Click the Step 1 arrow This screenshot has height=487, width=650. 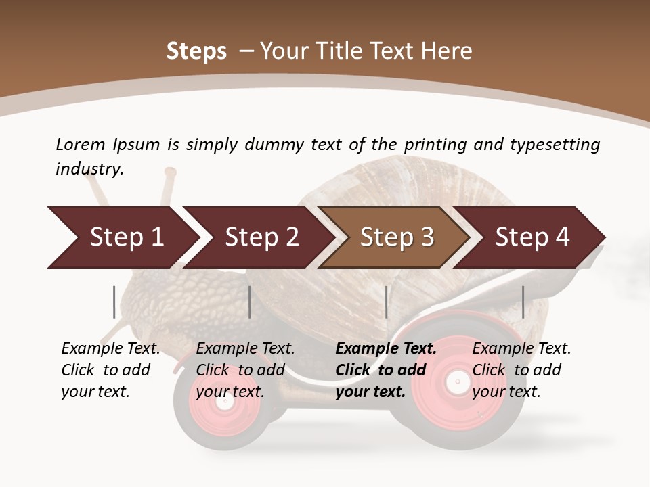122,237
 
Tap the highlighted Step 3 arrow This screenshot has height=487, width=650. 396,237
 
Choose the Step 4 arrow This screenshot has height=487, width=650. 532,237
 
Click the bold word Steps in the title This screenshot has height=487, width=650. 196,51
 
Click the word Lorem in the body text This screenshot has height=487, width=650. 80,144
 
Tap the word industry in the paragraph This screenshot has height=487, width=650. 89,169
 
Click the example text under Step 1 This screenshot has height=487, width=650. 110,370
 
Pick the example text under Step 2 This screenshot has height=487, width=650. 245,370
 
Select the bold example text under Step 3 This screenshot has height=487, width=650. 386,370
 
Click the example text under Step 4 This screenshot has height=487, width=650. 521,370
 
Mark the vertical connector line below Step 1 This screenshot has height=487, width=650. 114,302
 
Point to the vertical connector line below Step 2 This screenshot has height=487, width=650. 250,302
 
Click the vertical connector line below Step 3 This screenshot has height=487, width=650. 386,302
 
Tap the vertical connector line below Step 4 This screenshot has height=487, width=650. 523,302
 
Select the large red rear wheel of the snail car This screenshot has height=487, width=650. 460,382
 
